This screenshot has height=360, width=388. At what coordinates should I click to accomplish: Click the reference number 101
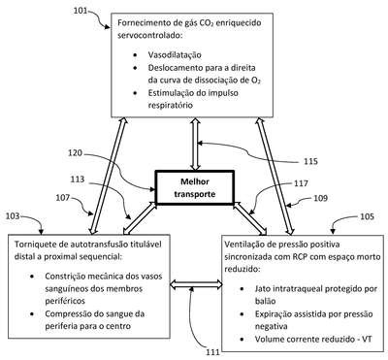(x=81, y=11)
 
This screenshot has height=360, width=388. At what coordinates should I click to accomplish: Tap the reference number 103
(x=13, y=216)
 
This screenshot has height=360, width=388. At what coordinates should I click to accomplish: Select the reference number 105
(x=367, y=216)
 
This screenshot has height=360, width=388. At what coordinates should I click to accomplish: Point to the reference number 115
(x=310, y=161)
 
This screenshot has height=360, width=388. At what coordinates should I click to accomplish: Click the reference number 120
(x=75, y=152)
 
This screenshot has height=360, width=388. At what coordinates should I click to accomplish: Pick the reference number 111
(x=213, y=352)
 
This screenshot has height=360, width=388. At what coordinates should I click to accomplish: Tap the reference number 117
(x=301, y=183)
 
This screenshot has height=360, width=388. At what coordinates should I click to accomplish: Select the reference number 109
(x=320, y=198)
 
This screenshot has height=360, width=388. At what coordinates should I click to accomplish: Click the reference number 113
(x=78, y=180)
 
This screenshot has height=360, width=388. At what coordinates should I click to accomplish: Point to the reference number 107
(x=63, y=197)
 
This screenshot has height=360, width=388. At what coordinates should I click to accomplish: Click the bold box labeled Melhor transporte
(x=195, y=187)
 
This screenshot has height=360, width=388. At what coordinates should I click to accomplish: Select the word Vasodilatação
(x=175, y=55)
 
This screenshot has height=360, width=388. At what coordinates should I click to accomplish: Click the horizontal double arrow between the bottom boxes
(x=196, y=284)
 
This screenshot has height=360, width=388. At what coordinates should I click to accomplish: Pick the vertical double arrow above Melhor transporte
(x=195, y=144)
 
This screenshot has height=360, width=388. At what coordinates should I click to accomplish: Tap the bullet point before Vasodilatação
(x=135, y=55)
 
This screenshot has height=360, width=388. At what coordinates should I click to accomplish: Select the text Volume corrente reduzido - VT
(x=313, y=339)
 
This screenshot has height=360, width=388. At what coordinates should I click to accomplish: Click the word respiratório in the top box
(x=171, y=106)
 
